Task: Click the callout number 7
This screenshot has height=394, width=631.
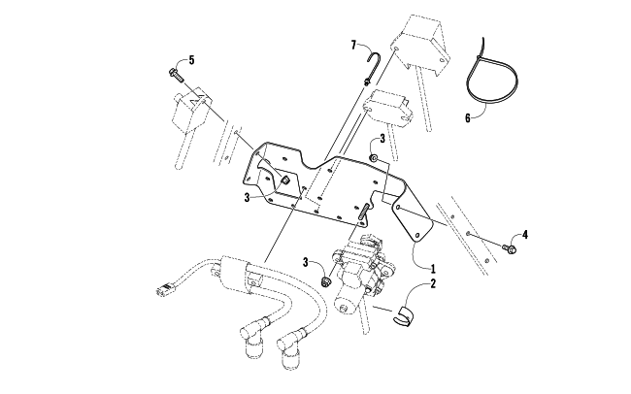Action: pyautogui.click(x=353, y=45)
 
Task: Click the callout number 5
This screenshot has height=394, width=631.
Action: pyautogui.click(x=191, y=60)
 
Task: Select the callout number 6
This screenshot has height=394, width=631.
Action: pyautogui.click(x=468, y=118)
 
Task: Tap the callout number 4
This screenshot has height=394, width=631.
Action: pyautogui.click(x=525, y=235)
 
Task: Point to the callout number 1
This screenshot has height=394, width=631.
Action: pyautogui.click(x=433, y=269)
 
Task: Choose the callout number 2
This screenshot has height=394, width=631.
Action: pyautogui.click(x=433, y=283)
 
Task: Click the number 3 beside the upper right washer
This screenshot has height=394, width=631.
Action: pyautogui.click(x=382, y=139)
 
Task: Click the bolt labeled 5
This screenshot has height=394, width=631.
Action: pyautogui.click(x=175, y=76)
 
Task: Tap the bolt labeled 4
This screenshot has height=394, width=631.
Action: pyautogui.click(x=509, y=248)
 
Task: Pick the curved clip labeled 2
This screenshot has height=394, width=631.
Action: pyautogui.click(x=403, y=317)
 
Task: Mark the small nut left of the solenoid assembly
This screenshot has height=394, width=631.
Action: pyautogui.click(x=325, y=281)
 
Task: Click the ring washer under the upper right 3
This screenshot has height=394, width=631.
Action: pyautogui.click(x=374, y=158)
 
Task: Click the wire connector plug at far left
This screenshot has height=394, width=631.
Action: pyautogui.click(x=164, y=289)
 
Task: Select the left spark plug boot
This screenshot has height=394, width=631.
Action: pyautogui.click(x=252, y=337)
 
